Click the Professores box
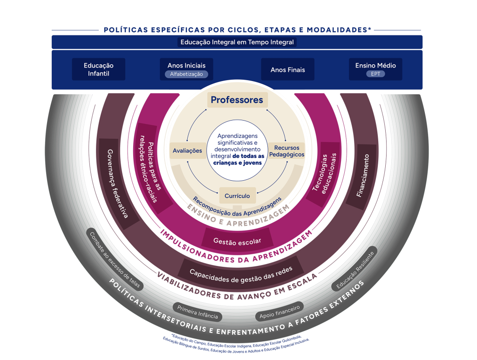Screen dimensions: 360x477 237,100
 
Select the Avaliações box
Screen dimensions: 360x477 187,150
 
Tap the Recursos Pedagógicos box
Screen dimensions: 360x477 286,151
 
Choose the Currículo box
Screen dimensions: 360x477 237,196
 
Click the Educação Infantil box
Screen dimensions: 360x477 98,69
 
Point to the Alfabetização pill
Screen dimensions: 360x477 186,74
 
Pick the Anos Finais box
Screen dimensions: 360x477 287,69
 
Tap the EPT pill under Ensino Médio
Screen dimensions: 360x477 375,74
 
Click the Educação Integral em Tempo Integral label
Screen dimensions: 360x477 237,42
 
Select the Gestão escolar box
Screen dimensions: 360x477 237,241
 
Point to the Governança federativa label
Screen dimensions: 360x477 116,183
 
